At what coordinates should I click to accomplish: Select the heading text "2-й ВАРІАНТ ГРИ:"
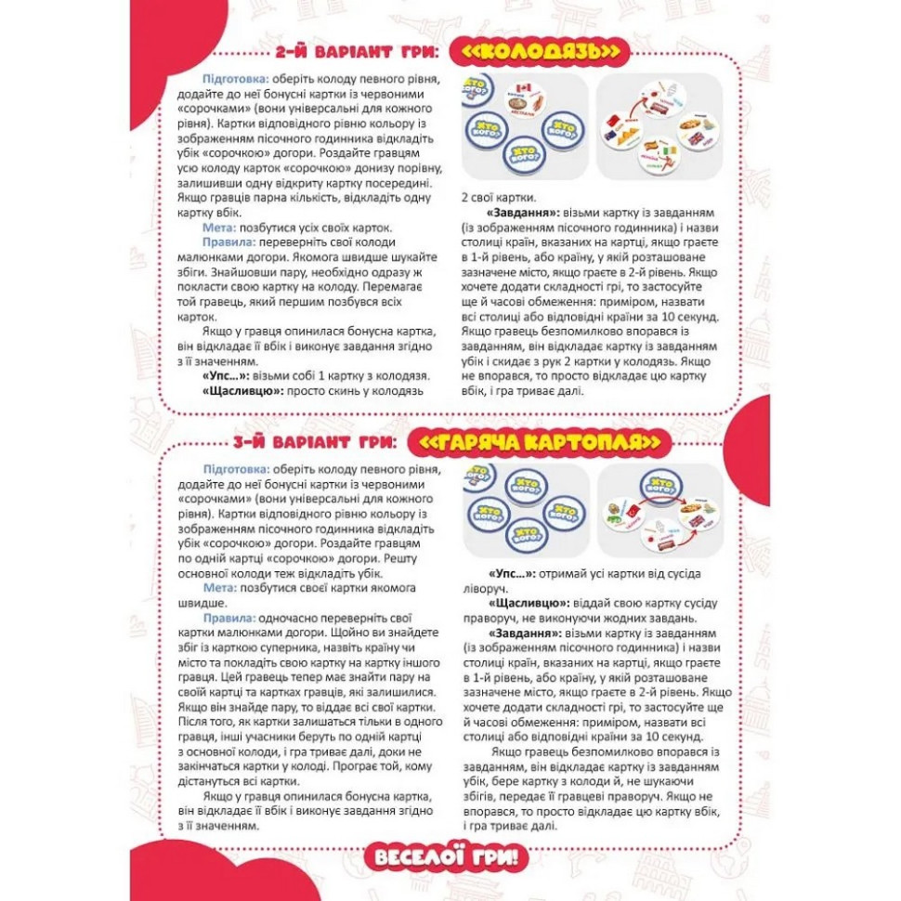358,52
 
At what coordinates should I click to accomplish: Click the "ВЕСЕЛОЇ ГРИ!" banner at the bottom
451,856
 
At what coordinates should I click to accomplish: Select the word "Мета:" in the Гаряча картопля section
220,588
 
